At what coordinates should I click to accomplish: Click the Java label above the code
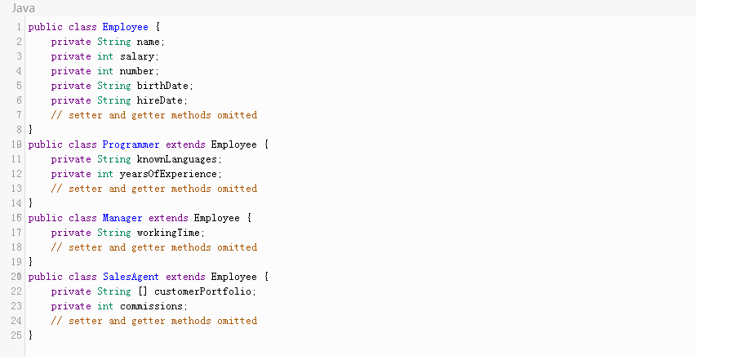point(23,7)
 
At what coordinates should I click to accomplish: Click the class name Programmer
point(131,144)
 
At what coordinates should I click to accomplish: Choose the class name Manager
point(122,218)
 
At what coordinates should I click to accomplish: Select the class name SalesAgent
point(131,277)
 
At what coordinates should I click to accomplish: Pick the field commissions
point(153,306)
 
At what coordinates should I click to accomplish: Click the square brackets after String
point(143,291)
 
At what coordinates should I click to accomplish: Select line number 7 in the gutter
point(17,115)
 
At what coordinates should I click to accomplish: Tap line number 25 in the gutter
point(15,336)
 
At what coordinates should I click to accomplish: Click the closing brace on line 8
point(31,130)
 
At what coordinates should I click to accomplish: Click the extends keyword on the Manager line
point(168,218)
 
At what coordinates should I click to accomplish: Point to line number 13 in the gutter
point(15,189)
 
